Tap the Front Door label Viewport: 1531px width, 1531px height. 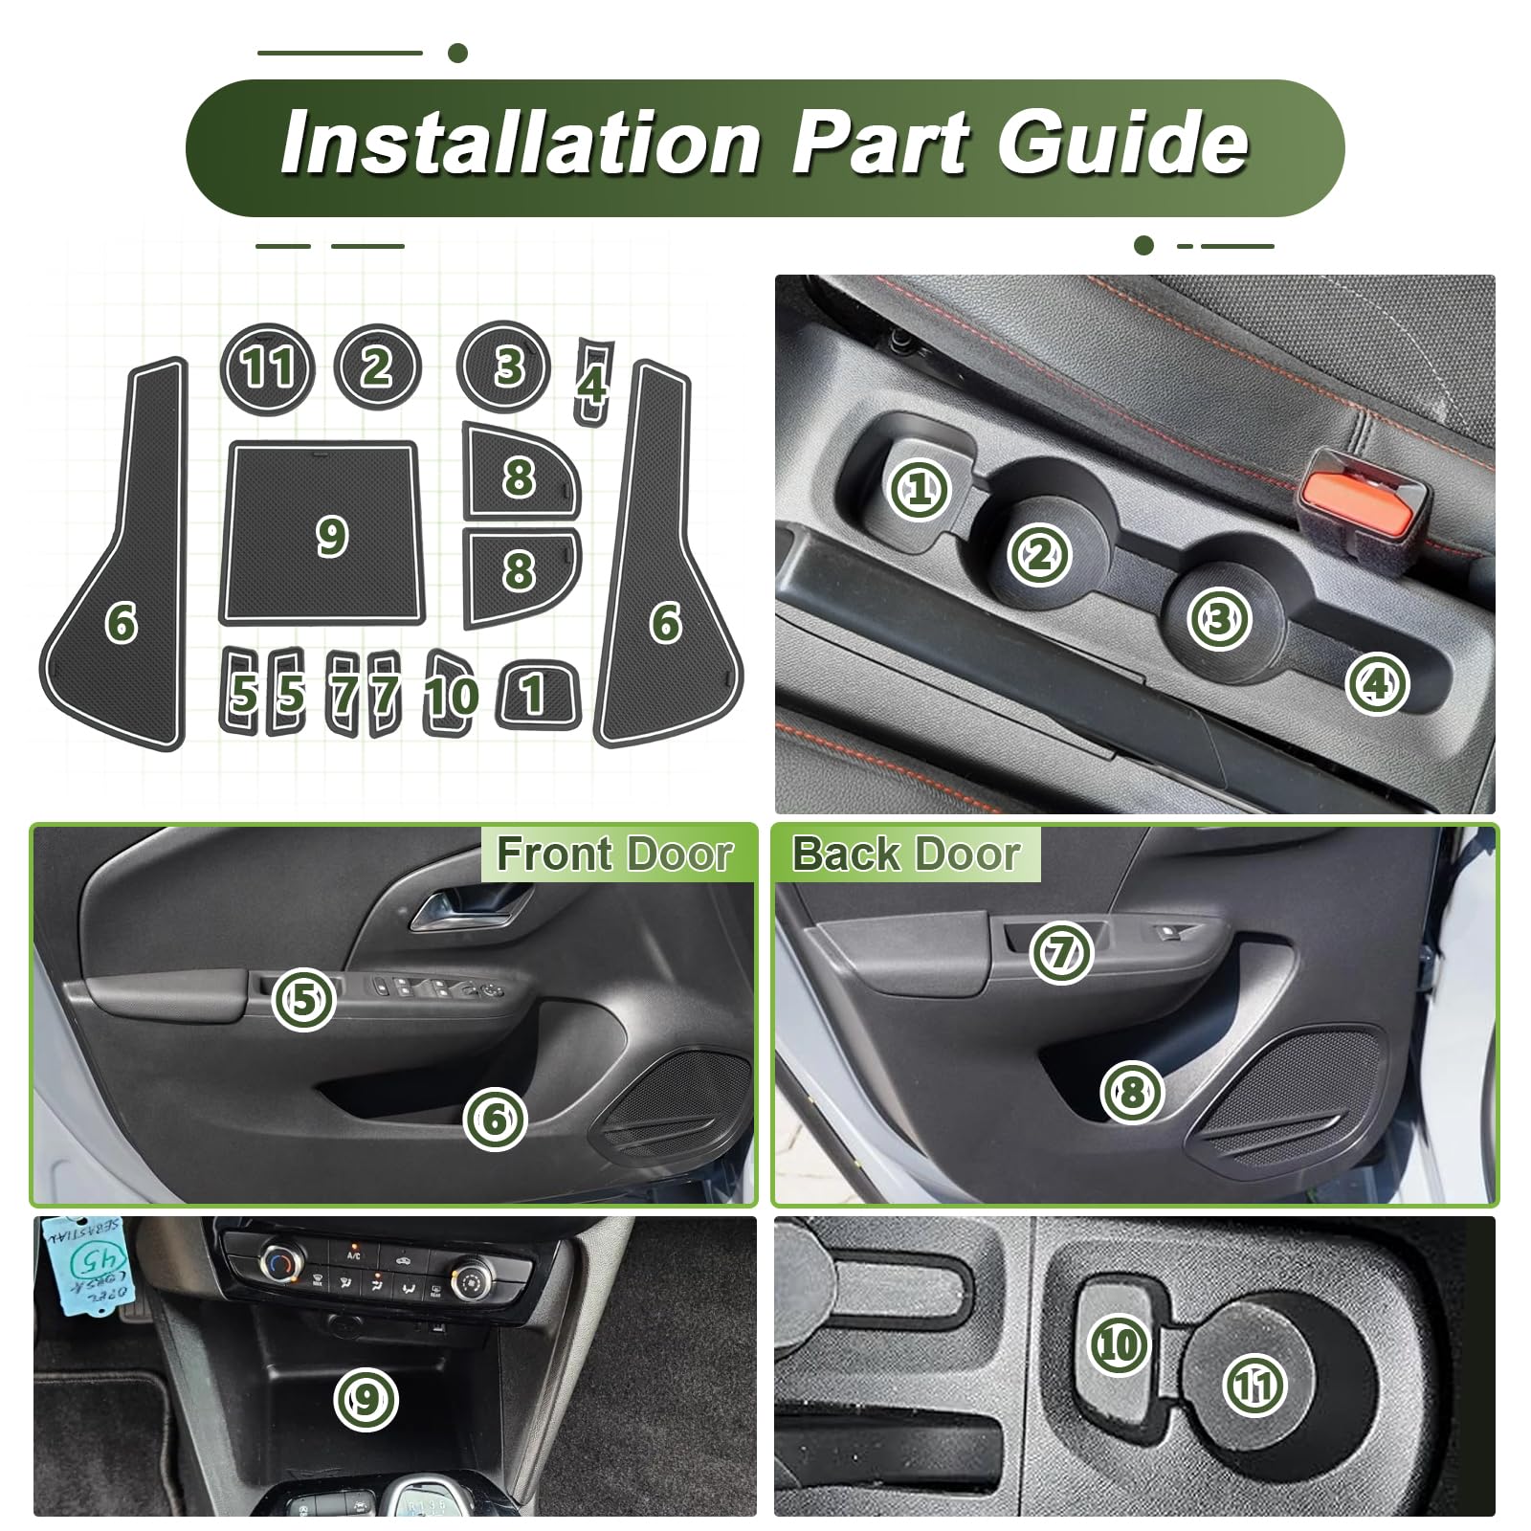click(x=614, y=854)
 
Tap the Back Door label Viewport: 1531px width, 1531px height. click(x=906, y=854)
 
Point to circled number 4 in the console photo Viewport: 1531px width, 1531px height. click(x=1376, y=683)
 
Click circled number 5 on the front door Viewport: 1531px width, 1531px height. click(x=303, y=1000)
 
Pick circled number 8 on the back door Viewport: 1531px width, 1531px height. click(x=1131, y=1091)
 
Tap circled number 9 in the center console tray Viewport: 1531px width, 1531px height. click(x=366, y=1400)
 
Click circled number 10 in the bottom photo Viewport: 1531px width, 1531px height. click(x=1118, y=1345)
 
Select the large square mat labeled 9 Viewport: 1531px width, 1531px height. click(x=322, y=533)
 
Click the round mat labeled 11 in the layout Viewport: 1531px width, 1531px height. click(x=267, y=368)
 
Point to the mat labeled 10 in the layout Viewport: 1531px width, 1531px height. click(x=450, y=694)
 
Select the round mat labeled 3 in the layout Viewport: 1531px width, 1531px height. click(x=503, y=367)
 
